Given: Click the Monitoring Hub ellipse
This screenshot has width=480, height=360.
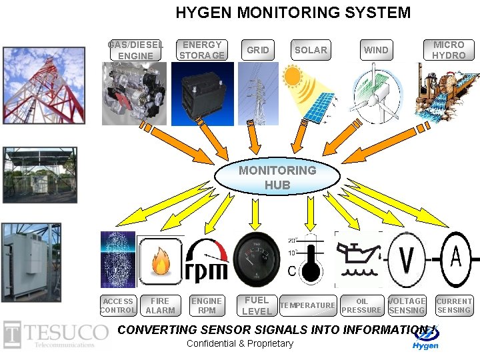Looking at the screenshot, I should click(277, 177).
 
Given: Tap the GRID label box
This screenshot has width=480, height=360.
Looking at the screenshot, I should click(258, 50).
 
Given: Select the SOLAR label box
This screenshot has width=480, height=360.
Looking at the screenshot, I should click(311, 50).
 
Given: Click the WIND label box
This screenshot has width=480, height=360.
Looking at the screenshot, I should click(376, 50).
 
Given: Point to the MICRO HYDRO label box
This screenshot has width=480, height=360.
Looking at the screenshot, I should click(449, 50).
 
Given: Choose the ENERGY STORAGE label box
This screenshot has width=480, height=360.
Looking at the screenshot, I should click(202, 50).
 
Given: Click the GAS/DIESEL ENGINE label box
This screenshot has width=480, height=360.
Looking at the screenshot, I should click(135, 50).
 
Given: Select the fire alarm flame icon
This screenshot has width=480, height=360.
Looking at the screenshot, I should click(161, 261).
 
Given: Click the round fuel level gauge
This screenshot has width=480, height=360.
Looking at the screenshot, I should click(257, 258).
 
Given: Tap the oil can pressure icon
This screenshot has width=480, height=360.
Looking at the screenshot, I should click(359, 261).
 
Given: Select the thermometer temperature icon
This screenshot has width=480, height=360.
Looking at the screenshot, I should click(307, 261).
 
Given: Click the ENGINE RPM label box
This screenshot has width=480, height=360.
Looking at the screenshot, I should click(207, 305).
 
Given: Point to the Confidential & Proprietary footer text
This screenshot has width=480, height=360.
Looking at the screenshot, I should click(240, 344).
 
